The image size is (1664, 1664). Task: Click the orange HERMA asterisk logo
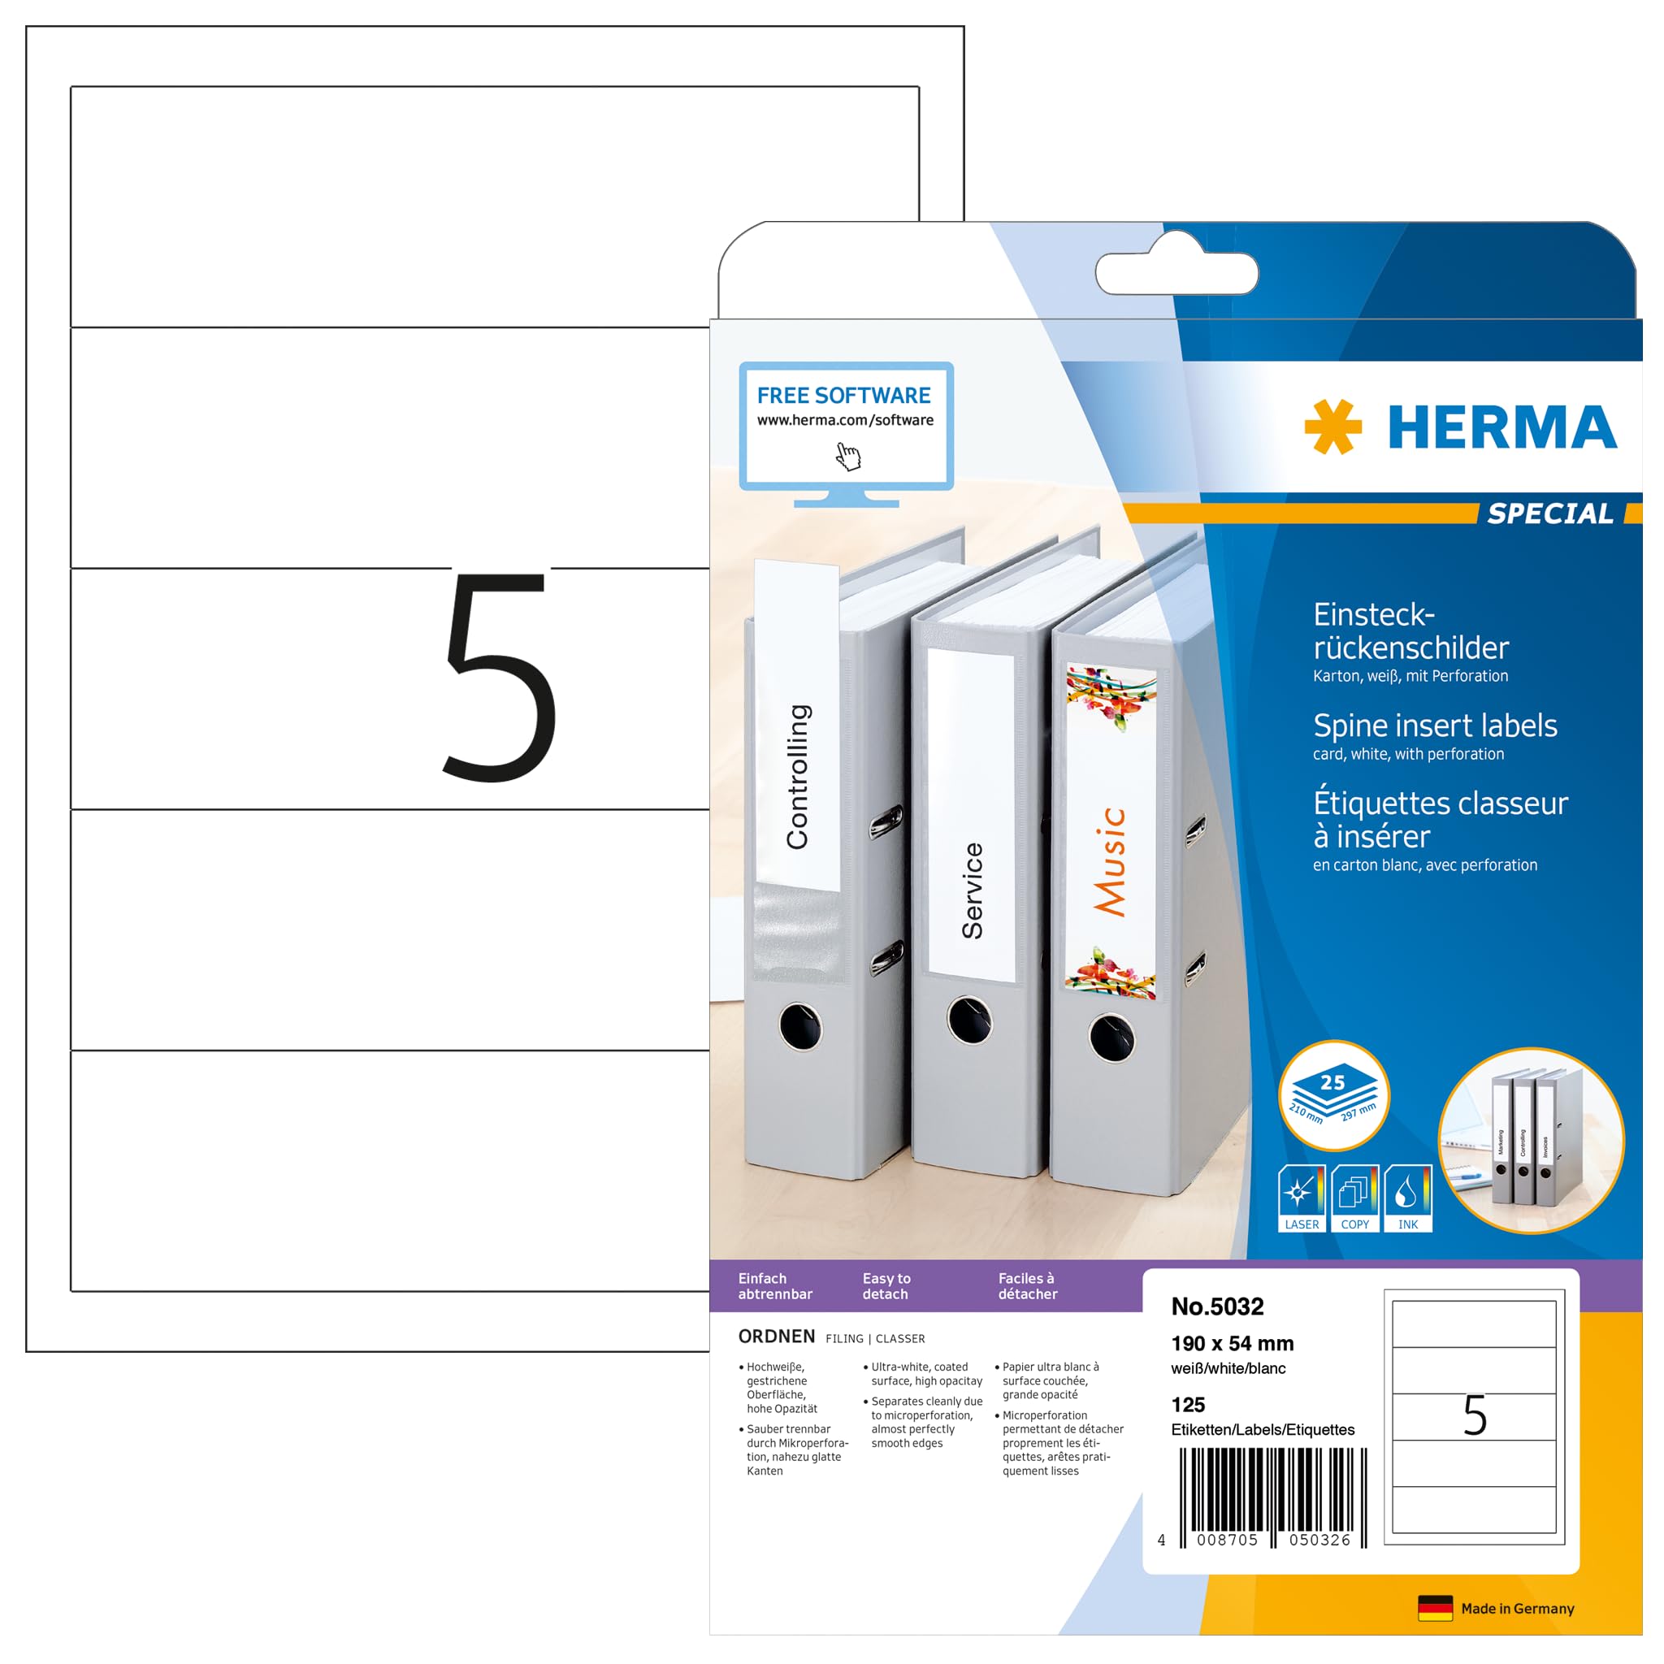(x=1332, y=427)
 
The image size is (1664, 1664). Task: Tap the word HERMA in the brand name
(x=1502, y=428)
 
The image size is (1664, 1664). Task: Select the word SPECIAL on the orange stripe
(x=1550, y=513)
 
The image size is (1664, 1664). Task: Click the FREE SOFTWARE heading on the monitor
(x=843, y=396)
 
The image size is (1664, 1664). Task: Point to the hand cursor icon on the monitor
(x=848, y=457)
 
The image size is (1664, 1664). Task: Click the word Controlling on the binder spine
(x=798, y=777)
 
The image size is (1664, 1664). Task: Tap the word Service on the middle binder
(x=973, y=890)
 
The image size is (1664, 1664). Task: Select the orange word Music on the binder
(x=1110, y=861)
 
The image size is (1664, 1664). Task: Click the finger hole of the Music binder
(x=1111, y=1038)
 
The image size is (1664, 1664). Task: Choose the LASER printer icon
(x=1302, y=1197)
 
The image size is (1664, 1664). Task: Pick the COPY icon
(x=1354, y=1197)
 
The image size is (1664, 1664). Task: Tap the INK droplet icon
(x=1407, y=1197)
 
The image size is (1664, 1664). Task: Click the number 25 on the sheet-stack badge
(x=1332, y=1082)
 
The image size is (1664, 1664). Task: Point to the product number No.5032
(x=1217, y=1306)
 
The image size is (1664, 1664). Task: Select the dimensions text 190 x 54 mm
(x=1232, y=1344)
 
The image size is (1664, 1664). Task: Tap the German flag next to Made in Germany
(x=1435, y=1608)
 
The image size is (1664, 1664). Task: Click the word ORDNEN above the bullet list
(x=776, y=1336)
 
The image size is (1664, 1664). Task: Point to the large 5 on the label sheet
(x=500, y=676)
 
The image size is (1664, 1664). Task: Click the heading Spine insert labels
(x=1435, y=726)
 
